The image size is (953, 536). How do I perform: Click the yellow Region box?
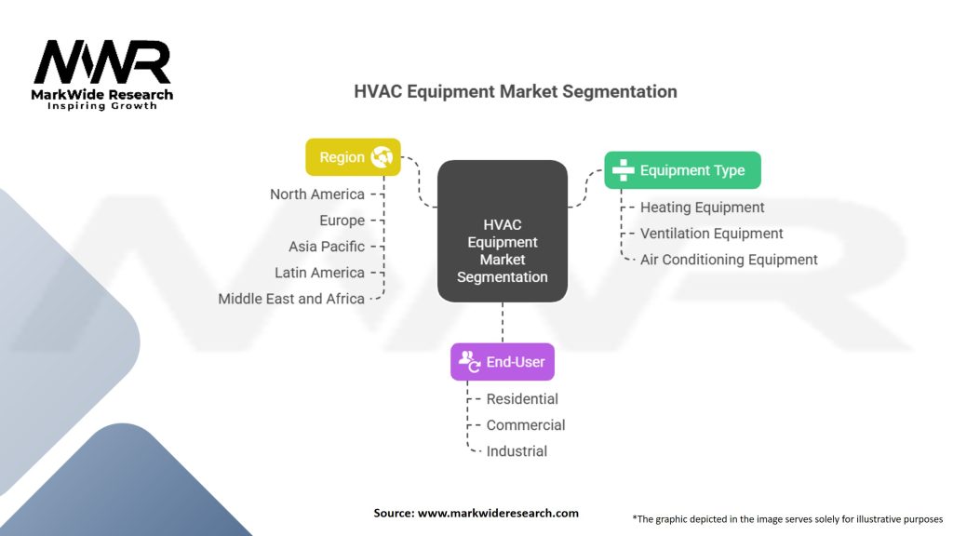click(353, 157)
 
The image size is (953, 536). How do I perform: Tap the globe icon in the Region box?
click(382, 156)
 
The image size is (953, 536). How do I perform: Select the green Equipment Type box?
click(682, 170)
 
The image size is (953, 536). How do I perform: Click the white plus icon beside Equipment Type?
click(623, 170)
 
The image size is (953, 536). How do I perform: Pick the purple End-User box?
click(503, 362)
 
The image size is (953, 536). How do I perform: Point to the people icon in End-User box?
click(470, 361)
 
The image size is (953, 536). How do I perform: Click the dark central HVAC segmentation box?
click(503, 232)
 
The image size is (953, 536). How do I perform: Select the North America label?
click(317, 194)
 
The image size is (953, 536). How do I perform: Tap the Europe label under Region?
click(342, 221)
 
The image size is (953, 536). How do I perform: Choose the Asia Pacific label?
click(327, 247)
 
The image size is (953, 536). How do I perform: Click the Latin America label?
click(319, 273)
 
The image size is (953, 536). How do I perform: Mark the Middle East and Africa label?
click(291, 299)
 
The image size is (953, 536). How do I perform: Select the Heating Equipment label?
click(702, 208)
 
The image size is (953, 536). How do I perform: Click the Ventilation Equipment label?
click(711, 234)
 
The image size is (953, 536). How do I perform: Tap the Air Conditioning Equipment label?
click(729, 260)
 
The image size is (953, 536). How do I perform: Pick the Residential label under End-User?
click(522, 398)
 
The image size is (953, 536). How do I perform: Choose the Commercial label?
click(526, 424)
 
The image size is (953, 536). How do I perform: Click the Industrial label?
click(517, 451)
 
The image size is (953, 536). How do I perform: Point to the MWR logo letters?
click(102, 62)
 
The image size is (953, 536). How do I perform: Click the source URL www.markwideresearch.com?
click(498, 513)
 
